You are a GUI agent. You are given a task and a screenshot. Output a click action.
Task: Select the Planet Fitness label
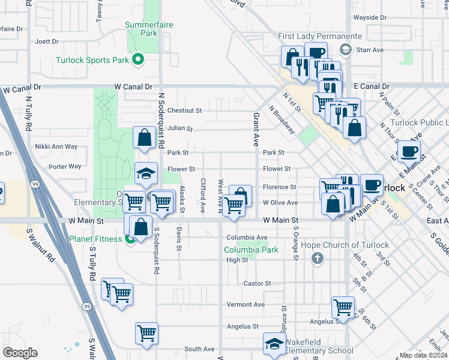103,240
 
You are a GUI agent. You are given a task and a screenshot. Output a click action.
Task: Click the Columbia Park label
251,250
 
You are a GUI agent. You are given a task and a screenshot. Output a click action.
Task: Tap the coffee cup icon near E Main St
409,151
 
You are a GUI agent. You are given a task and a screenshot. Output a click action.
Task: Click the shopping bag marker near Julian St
145,137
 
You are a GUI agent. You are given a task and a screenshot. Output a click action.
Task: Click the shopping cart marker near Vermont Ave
343,307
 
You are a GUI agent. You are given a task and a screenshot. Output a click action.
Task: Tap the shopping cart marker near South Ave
147,332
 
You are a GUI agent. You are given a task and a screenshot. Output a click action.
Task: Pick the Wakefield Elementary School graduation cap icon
274,344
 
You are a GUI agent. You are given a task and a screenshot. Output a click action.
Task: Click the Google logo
20,353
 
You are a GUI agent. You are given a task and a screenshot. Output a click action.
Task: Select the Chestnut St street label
184,110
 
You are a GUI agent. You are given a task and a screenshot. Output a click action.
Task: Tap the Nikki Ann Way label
56,146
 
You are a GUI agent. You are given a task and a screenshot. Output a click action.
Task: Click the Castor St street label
258,283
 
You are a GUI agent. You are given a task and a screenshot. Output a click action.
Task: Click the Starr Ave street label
370,50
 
